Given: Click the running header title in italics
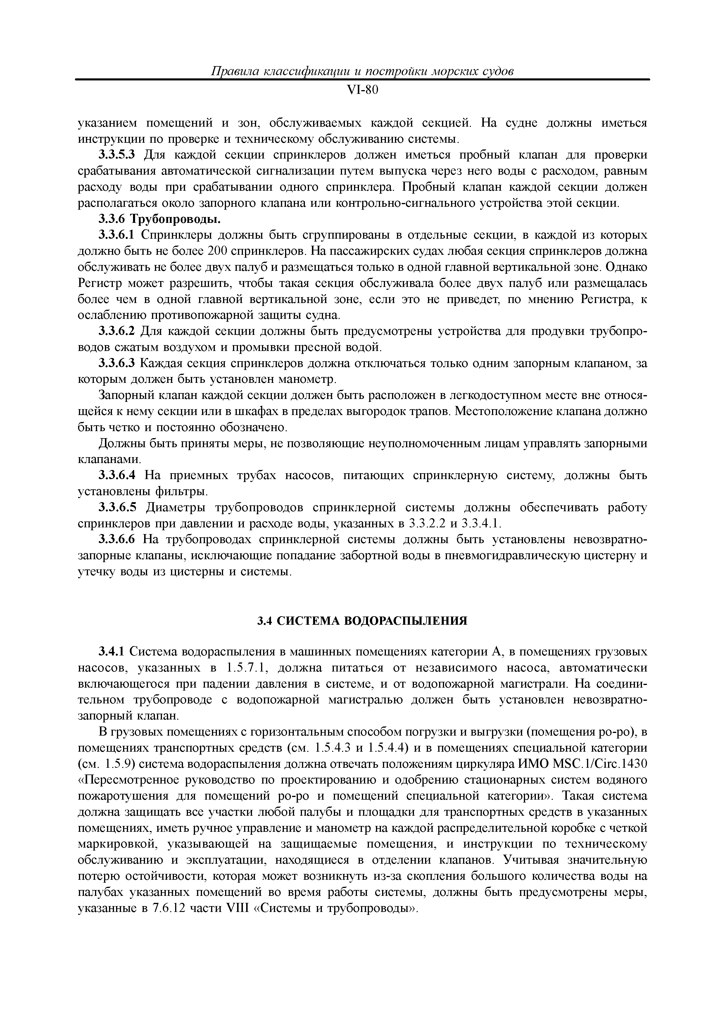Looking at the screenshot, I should click(x=362, y=71).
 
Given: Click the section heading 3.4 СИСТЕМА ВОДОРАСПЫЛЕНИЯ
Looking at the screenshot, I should click(x=362, y=621).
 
